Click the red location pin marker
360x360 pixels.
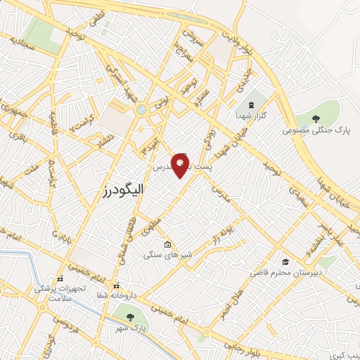(x=181, y=166)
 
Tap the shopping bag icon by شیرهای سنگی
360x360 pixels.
(x=167, y=245)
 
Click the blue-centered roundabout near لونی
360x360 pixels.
(x=141, y=109)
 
